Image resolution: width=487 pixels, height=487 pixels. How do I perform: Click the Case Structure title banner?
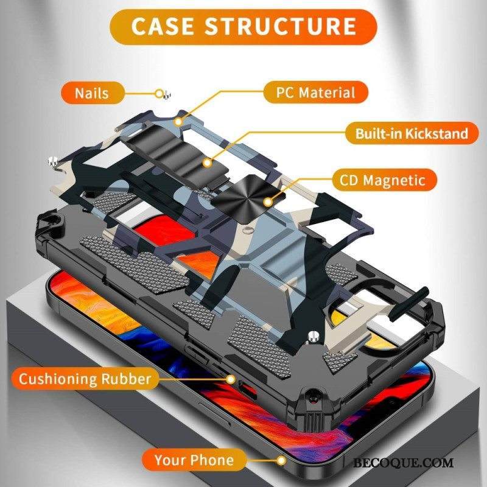[x=243, y=27]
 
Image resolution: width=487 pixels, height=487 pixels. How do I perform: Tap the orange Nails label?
[x=93, y=94]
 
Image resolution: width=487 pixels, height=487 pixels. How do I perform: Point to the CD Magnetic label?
[x=387, y=180]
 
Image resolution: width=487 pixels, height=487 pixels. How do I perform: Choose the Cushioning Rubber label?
[x=85, y=379]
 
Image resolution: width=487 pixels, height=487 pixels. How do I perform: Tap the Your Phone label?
[x=194, y=460]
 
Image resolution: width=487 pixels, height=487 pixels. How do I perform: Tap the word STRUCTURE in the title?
[x=280, y=27]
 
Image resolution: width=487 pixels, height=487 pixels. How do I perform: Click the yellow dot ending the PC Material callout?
[x=178, y=122]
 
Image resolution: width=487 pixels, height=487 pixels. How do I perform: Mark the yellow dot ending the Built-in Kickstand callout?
[x=207, y=163]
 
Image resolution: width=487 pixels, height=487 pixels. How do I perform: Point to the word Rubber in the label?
[x=125, y=379]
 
